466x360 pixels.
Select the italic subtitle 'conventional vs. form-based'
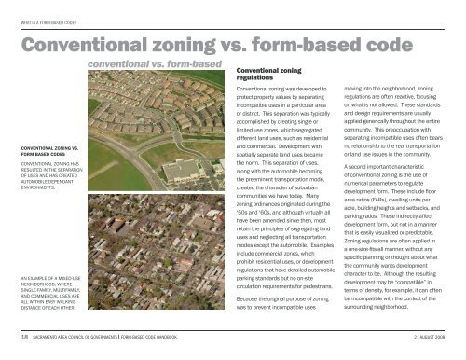click(154, 64)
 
